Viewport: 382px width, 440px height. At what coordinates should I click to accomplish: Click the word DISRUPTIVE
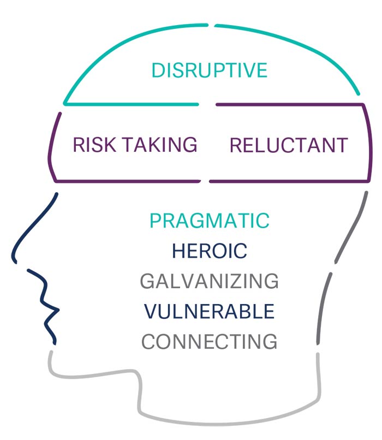(x=209, y=70)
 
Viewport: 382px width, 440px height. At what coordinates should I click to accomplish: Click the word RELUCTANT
(x=288, y=145)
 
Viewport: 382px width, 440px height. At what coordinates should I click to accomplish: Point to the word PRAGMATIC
(x=210, y=221)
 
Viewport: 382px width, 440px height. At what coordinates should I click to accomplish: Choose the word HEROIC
(x=210, y=251)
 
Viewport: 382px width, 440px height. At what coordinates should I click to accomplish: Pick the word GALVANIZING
(x=210, y=282)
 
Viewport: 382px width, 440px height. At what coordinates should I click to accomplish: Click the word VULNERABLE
(x=210, y=312)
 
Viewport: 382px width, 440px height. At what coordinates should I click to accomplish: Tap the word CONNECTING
(x=210, y=342)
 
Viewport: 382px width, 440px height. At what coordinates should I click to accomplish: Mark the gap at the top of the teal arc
(x=211, y=25)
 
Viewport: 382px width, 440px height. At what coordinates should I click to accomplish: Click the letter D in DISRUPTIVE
(x=158, y=70)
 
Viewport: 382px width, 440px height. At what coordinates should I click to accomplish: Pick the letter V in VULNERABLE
(x=151, y=312)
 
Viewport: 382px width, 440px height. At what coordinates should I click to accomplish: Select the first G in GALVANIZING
(x=147, y=282)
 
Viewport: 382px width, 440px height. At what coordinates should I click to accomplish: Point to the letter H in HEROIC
(x=178, y=251)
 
